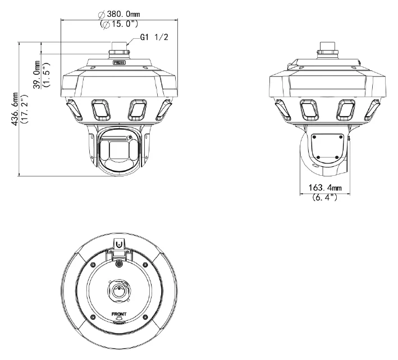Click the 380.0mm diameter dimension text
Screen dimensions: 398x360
click(x=119, y=14)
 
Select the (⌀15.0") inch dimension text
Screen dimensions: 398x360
click(x=119, y=24)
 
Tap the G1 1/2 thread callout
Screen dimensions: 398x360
click(x=154, y=37)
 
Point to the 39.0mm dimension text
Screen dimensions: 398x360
click(x=37, y=75)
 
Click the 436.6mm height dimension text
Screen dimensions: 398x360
click(x=15, y=109)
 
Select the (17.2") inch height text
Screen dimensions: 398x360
click(x=25, y=109)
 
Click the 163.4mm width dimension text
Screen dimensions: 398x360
click(x=325, y=188)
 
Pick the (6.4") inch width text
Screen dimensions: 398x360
click(x=325, y=197)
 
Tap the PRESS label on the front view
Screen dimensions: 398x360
click(x=119, y=62)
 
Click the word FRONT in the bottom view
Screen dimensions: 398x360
click(x=119, y=315)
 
